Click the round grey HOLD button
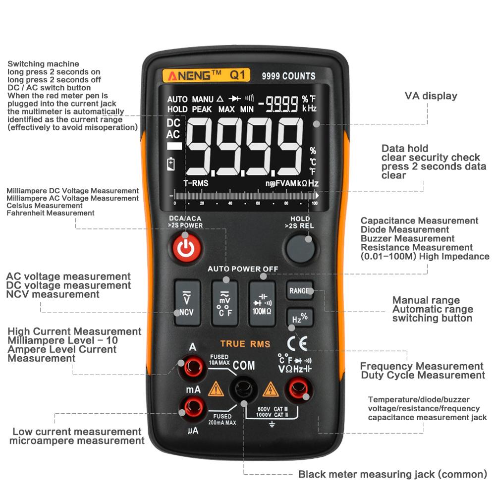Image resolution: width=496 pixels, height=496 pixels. pyautogui.click(x=301, y=248)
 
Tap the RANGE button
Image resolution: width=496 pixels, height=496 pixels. pyautogui.click(x=299, y=291)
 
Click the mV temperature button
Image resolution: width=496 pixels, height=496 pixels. pyautogui.click(x=224, y=303)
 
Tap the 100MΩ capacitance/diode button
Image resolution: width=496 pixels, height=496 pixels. pyautogui.click(x=262, y=303)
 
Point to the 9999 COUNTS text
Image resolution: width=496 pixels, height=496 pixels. pyautogui.click(x=288, y=76)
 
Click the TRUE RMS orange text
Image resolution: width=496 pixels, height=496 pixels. pyautogui.click(x=245, y=344)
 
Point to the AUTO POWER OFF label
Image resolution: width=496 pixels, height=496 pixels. pyautogui.click(x=243, y=269)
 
